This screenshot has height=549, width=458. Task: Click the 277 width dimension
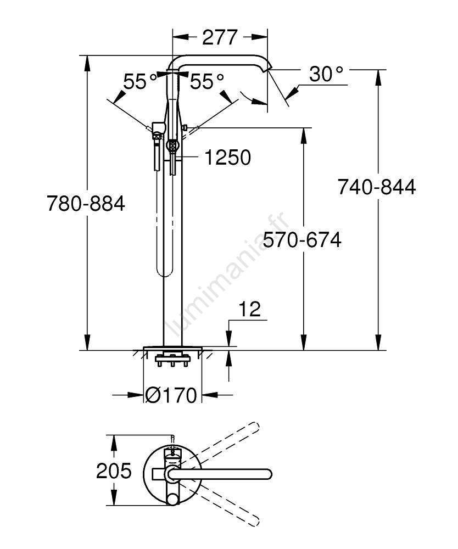pyautogui.click(x=220, y=37)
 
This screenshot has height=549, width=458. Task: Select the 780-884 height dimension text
pyautogui.click(x=86, y=204)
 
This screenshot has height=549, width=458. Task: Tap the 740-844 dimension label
pyautogui.click(x=377, y=187)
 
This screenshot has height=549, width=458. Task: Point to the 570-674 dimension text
pyautogui.click(x=302, y=240)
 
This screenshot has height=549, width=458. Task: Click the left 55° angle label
pyautogui.click(x=140, y=82)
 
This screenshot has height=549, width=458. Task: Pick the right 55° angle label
pyautogui.click(x=207, y=82)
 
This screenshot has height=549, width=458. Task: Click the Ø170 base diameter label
pyautogui.click(x=171, y=395)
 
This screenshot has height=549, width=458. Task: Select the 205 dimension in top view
pyautogui.click(x=114, y=470)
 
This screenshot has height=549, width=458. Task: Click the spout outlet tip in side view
pyautogui.click(x=269, y=68)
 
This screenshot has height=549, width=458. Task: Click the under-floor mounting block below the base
pyautogui.click(x=172, y=361)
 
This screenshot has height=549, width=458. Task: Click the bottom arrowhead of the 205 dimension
pyautogui.click(x=114, y=502)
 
